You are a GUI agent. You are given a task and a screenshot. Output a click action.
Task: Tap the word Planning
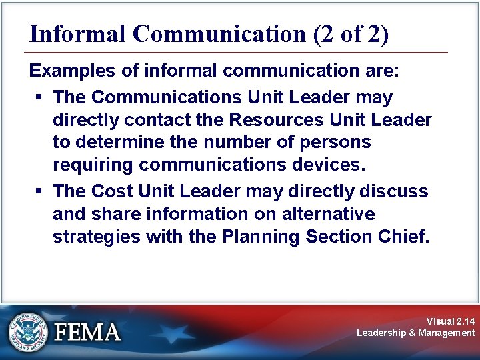250,237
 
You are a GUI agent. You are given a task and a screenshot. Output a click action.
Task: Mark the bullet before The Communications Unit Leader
40,97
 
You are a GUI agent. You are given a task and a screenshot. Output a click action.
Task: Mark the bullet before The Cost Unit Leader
40,191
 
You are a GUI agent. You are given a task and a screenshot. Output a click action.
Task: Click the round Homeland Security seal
27,331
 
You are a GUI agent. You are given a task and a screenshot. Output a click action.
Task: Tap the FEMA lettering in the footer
87,332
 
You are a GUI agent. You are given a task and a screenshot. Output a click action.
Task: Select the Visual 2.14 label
451,321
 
